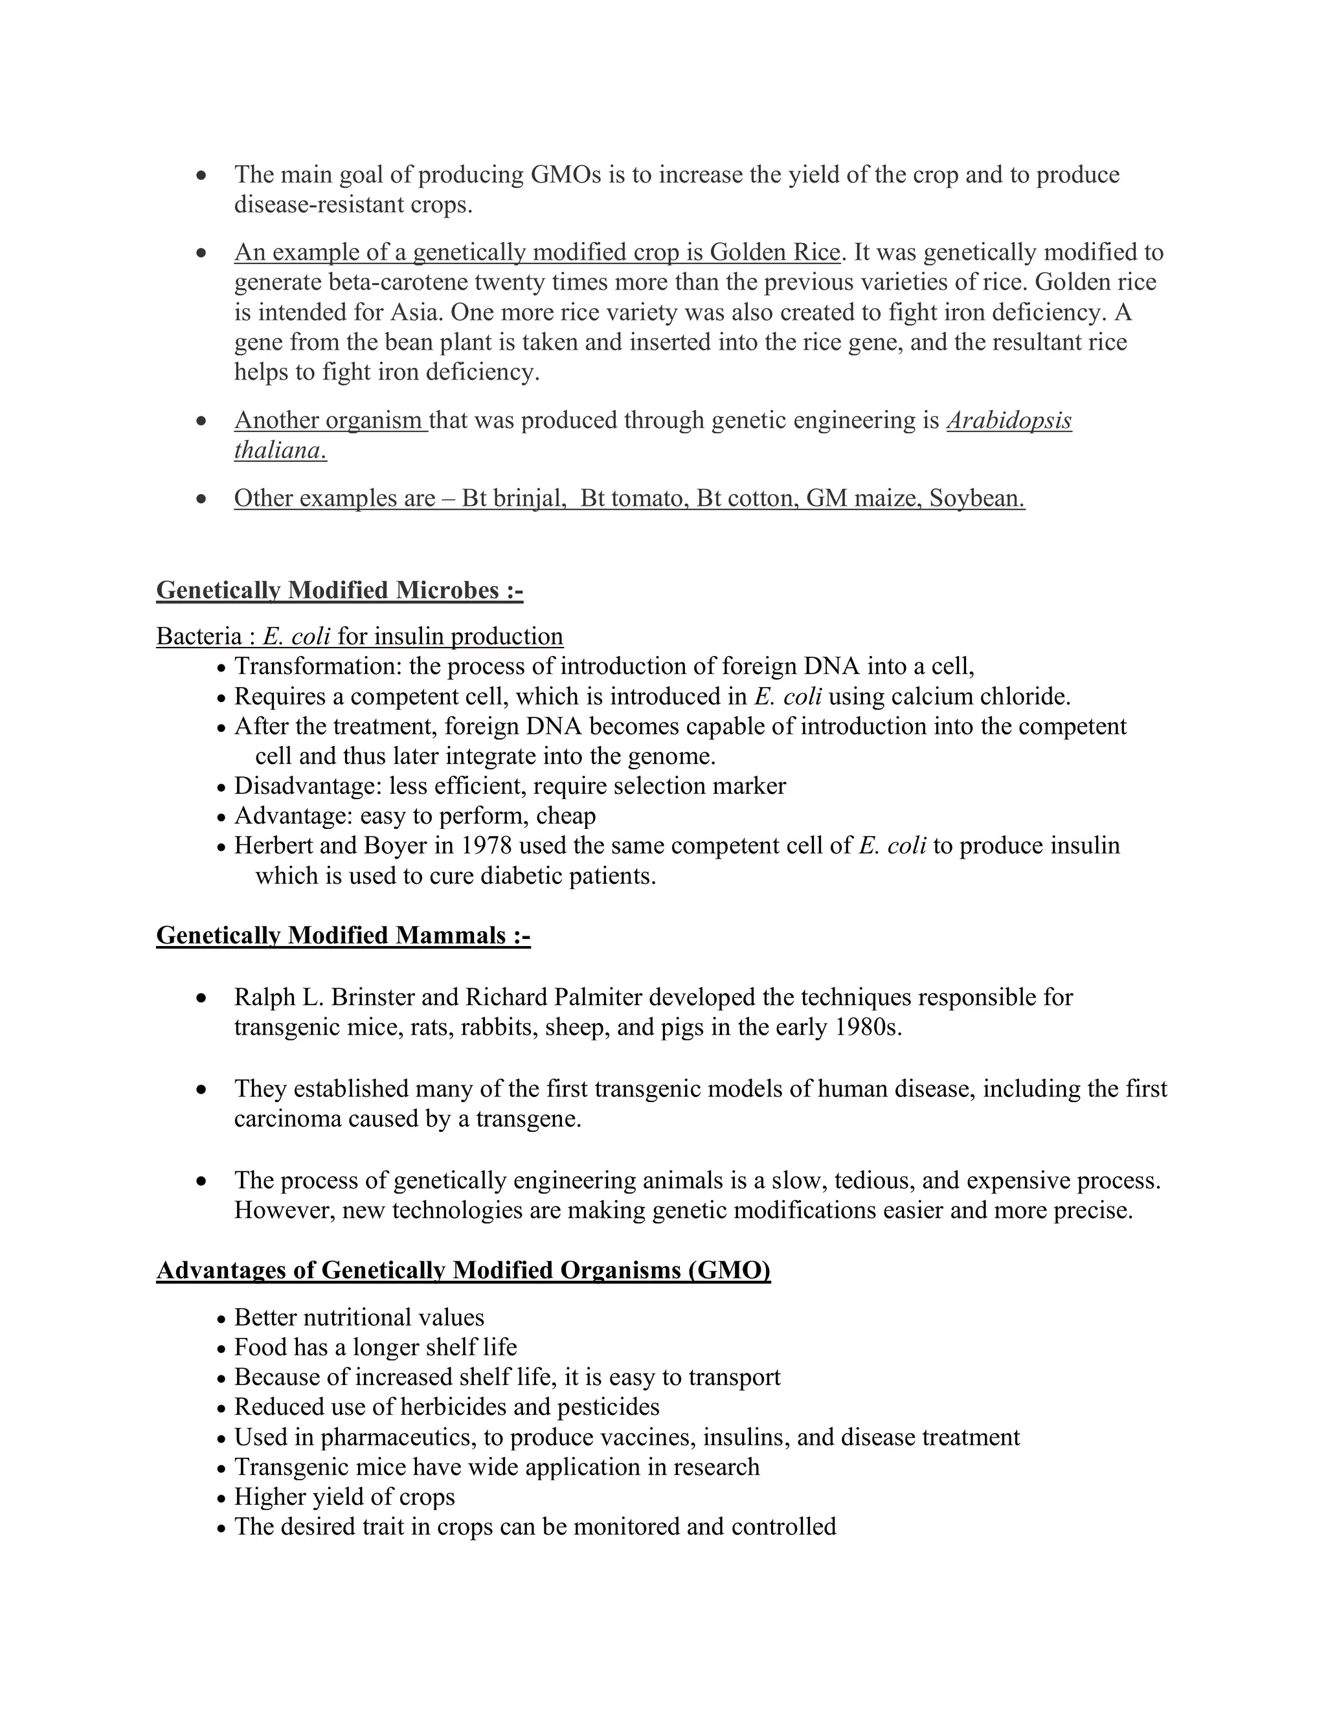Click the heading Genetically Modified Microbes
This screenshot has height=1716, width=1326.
pyautogui.click(x=339, y=590)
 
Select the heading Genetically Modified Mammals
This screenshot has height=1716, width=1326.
pyautogui.click(x=343, y=935)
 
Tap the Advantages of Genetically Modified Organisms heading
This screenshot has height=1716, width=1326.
pyautogui.click(x=463, y=1270)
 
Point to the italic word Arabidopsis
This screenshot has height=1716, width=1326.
pyautogui.click(x=1009, y=420)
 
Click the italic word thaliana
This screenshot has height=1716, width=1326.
pyautogui.click(x=279, y=450)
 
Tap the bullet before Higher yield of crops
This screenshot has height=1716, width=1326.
pyautogui.click(x=221, y=1498)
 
